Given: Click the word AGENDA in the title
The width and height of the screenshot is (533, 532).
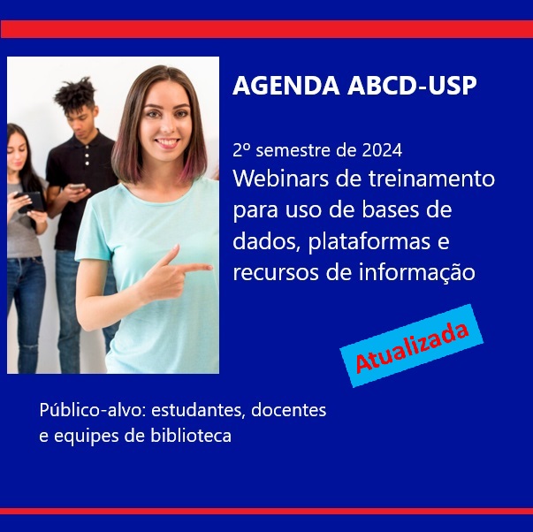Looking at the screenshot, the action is [x=286, y=86].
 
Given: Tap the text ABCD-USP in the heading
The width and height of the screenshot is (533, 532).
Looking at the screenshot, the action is [x=412, y=86].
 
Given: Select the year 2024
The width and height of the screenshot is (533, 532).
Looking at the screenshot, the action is [x=382, y=150].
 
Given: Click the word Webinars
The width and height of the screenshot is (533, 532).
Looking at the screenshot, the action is [x=281, y=179].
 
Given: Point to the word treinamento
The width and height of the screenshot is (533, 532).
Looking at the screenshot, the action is [x=431, y=179].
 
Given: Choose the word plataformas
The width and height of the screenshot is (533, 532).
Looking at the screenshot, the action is [x=369, y=242].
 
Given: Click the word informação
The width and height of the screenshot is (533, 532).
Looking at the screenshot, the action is [x=416, y=273].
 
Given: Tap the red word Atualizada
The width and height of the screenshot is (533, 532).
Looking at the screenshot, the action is [x=412, y=346].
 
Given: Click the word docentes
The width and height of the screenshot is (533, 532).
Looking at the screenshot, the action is [x=288, y=410].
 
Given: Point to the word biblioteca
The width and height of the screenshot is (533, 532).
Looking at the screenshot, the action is [x=191, y=436].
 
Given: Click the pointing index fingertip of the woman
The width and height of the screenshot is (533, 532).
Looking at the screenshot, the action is [x=209, y=267].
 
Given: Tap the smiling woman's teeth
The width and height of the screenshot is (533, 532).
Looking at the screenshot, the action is [x=167, y=141].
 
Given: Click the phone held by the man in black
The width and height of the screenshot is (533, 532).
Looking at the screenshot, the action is [x=78, y=186].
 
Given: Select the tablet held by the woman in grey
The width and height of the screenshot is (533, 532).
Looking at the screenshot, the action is [x=30, y=201].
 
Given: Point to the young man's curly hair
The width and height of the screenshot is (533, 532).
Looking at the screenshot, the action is [x=75, y=92].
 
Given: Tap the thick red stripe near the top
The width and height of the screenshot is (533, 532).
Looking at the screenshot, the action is [x=267, y=29].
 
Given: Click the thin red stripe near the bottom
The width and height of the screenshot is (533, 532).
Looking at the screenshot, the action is [x=267, y=512].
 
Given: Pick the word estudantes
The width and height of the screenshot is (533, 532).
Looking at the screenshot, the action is [x=198, y=410].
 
